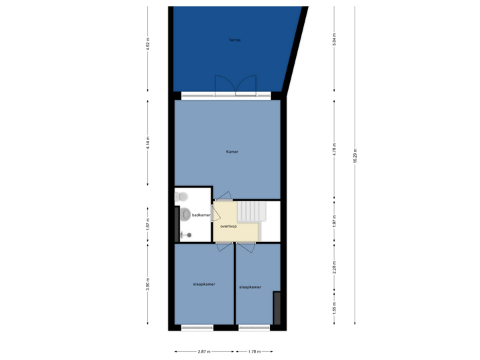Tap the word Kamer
coord(231,152)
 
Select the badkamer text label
coord(201,215)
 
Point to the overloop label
coord(229,227)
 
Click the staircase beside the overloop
coord(252,211)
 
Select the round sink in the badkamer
coord(184,214)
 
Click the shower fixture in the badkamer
coord(187,235)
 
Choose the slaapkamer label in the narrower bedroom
coord(250,287)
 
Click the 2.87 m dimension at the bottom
coord(203,352)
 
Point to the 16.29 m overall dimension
coord(355,155)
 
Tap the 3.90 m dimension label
coord(148,286)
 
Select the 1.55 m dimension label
coord(335,308)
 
